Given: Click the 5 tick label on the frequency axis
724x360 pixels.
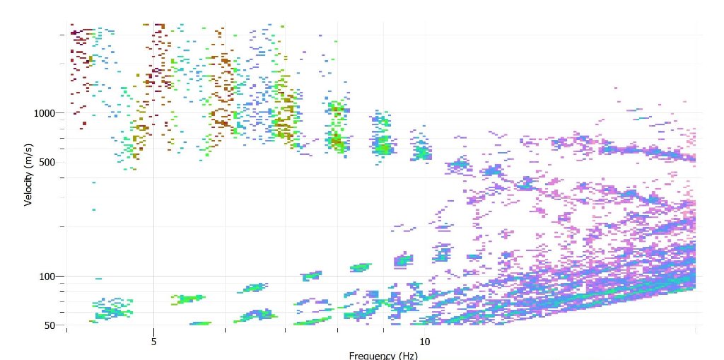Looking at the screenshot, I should [x=153, y=342].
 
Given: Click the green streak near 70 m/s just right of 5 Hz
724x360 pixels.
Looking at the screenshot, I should [x=188, y=298].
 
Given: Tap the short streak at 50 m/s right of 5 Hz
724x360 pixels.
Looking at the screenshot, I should [x=201, y=323].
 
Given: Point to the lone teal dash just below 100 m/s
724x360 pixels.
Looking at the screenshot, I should [x=98, y=279].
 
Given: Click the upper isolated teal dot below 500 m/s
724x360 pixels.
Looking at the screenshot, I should [x=93, y=182].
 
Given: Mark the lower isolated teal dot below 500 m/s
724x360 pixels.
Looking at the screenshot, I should [x=93, y=209].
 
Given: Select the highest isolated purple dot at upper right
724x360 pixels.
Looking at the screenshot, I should [x=616, y=88].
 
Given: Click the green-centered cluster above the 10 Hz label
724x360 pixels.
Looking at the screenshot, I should [x=421, y=151].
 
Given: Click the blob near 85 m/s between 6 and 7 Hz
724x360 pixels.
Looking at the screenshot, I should [x=254, y=288].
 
